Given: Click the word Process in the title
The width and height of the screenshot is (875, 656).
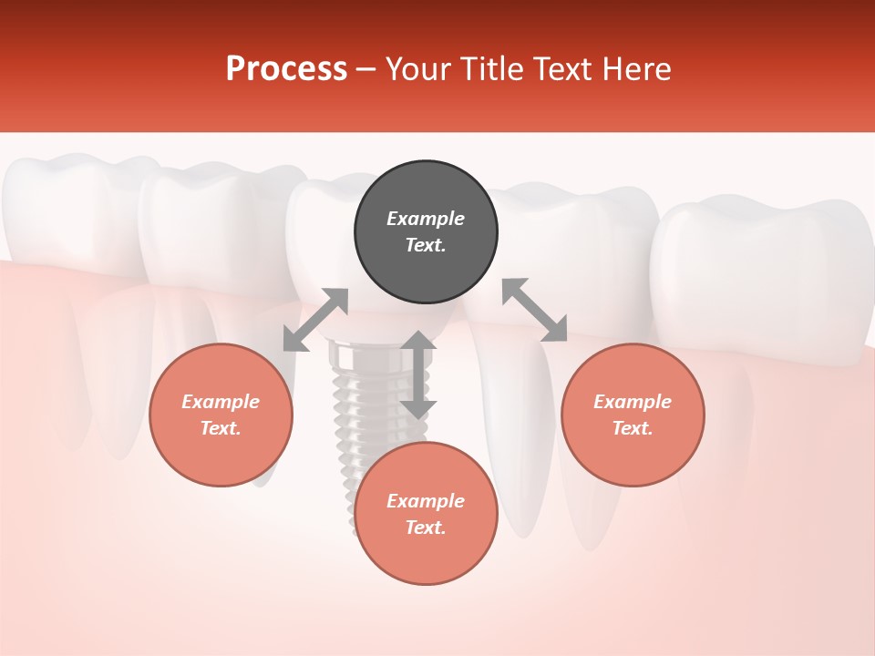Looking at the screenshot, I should pos(286,69).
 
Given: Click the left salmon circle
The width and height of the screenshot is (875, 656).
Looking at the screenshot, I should pos(221,415).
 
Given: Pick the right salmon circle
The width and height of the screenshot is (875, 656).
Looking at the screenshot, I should pos(633,415).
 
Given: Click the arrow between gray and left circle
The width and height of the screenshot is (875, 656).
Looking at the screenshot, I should pos(315,320).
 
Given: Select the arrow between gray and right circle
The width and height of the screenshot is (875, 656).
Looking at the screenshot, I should pos(534,311).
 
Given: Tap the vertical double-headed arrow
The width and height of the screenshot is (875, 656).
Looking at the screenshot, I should pos(418,374).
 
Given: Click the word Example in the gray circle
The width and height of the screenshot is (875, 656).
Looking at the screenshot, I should pos(426,219).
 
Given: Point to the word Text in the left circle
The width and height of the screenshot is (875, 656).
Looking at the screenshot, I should pos(221,428).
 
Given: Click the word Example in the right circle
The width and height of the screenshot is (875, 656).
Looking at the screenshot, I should pos(633,402).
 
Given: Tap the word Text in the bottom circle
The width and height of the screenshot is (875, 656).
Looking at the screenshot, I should pos(426,528).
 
